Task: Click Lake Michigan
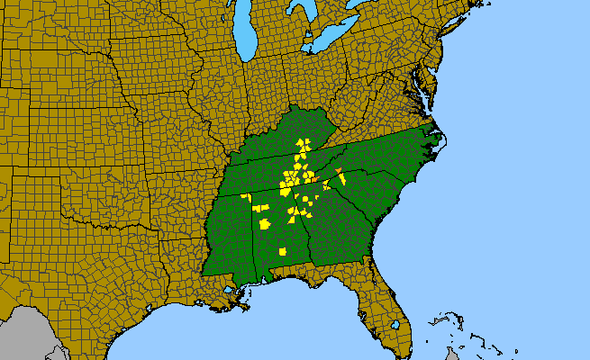pos(242,36)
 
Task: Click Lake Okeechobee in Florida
pos(395,324)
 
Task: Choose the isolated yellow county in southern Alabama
pos(282,251)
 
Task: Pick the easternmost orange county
pos(338,170)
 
